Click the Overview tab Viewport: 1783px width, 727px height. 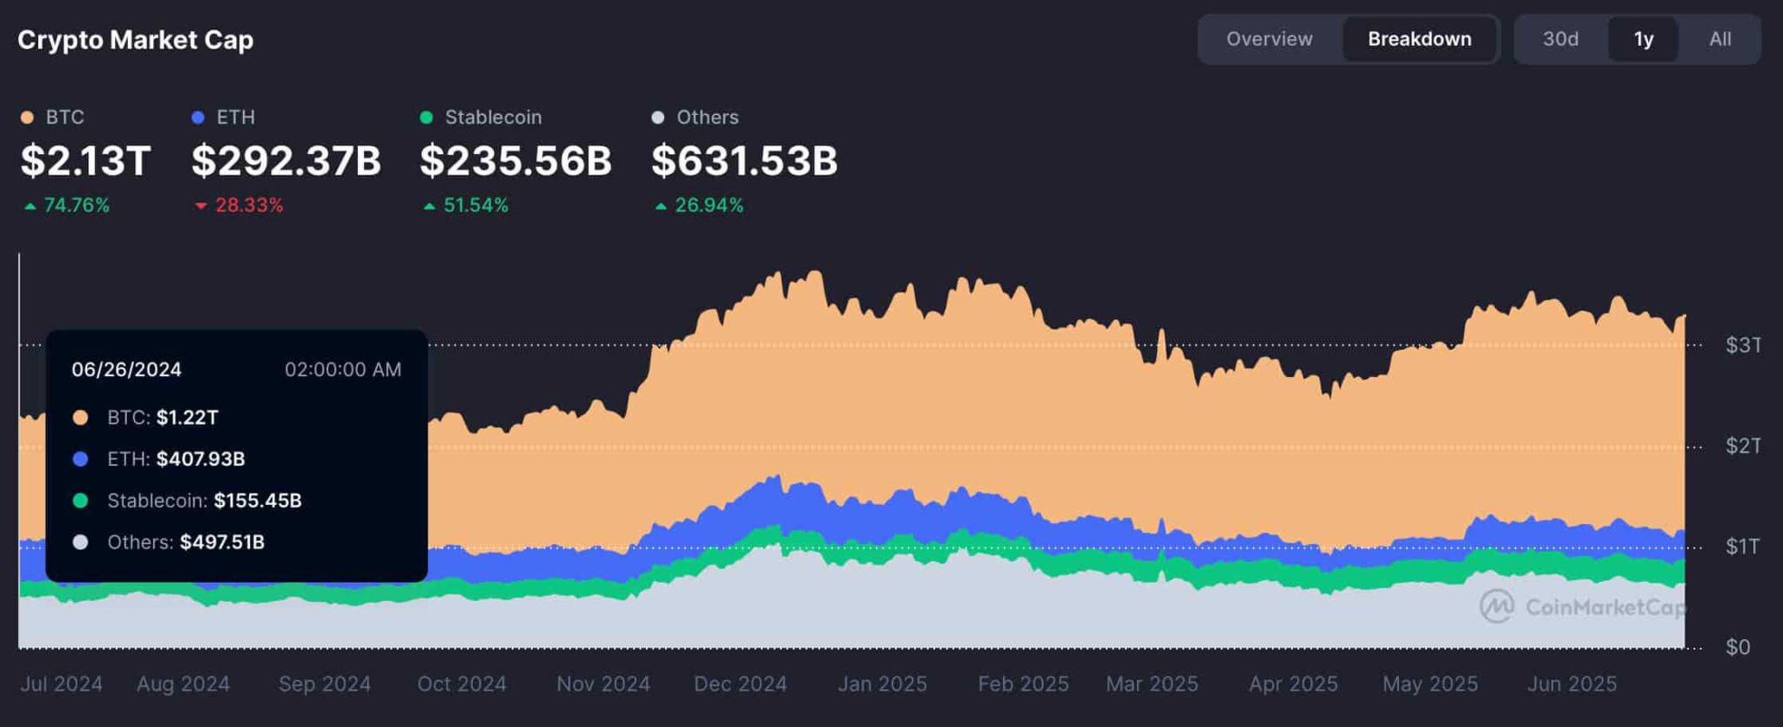1268,39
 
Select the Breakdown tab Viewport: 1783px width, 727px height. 1419,39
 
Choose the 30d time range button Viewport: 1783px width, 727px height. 1560,39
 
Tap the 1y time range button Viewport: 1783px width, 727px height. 1643,39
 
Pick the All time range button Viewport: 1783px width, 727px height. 1719,39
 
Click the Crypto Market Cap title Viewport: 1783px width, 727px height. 136,40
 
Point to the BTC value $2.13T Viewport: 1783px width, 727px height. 85,161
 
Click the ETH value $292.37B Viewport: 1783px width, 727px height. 286,161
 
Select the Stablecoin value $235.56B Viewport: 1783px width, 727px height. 515,161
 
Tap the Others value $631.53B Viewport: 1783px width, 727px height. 744,161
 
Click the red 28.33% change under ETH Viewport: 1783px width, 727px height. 248,205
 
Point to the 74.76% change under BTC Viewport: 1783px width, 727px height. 76,205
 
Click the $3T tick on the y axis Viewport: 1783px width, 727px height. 1743,346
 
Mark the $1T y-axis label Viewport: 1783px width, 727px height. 1742,547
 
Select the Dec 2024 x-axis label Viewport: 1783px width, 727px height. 740,684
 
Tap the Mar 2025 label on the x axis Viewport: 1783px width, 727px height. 1152,684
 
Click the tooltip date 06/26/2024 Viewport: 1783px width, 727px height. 126,370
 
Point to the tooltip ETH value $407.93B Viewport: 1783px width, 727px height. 200,459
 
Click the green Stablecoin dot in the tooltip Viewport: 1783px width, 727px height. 80,501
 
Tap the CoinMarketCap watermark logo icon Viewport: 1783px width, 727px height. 1497,607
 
